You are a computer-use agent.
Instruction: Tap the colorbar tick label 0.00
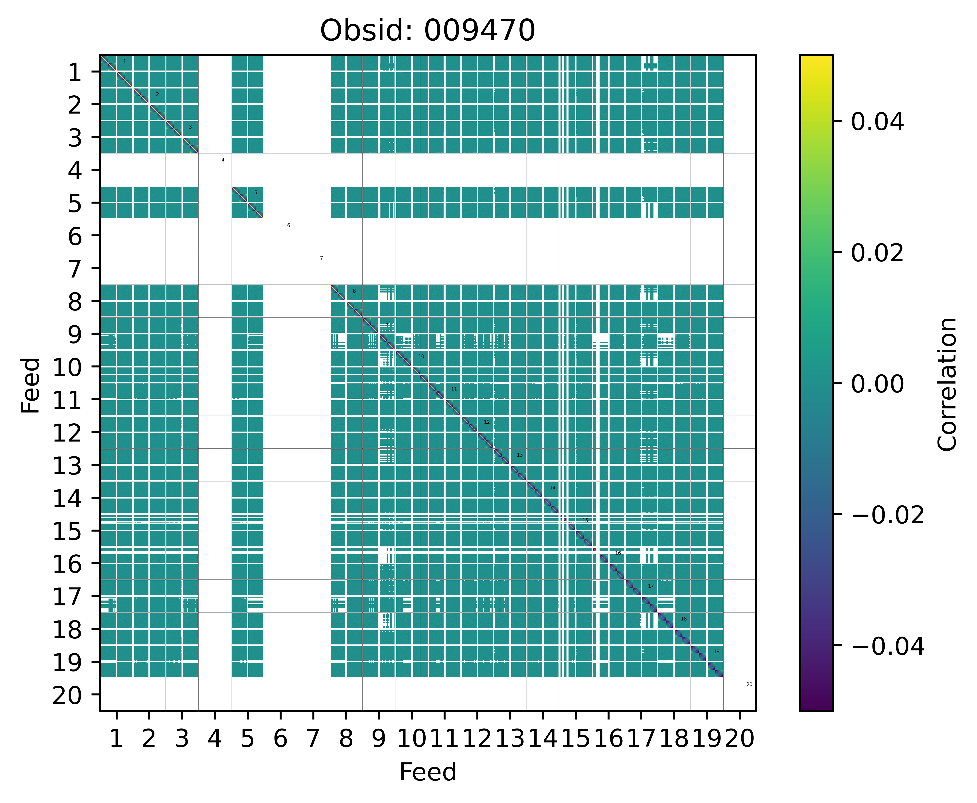pyautogui.click(x=877, y=384)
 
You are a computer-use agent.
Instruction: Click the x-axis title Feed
pyautogui.click(x=428, y=772)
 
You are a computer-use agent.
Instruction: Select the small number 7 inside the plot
pyautogui.click(x=321, y=258)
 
